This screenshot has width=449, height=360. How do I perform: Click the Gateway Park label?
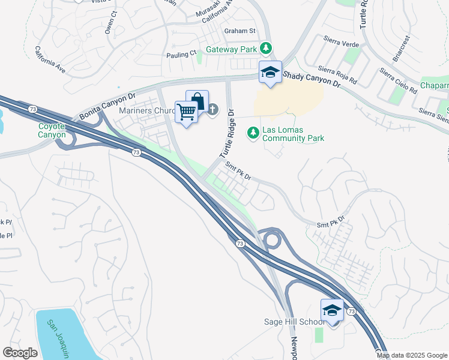(x=231, y=49)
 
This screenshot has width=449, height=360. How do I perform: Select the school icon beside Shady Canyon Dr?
(x=270, y=73)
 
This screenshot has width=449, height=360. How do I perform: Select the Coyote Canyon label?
(x=52, y=130)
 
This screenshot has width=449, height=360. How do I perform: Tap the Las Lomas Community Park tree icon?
(x=254, y=131)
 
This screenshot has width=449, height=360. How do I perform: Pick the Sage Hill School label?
(x=295, y=322)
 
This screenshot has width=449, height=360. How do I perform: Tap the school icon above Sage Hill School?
(x=332, y=310)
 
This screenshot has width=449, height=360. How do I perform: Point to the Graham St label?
(x=240, y=31)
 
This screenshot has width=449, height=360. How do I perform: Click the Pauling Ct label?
(x=181, y=54)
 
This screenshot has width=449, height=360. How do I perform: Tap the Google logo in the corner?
(x=20, y=353)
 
